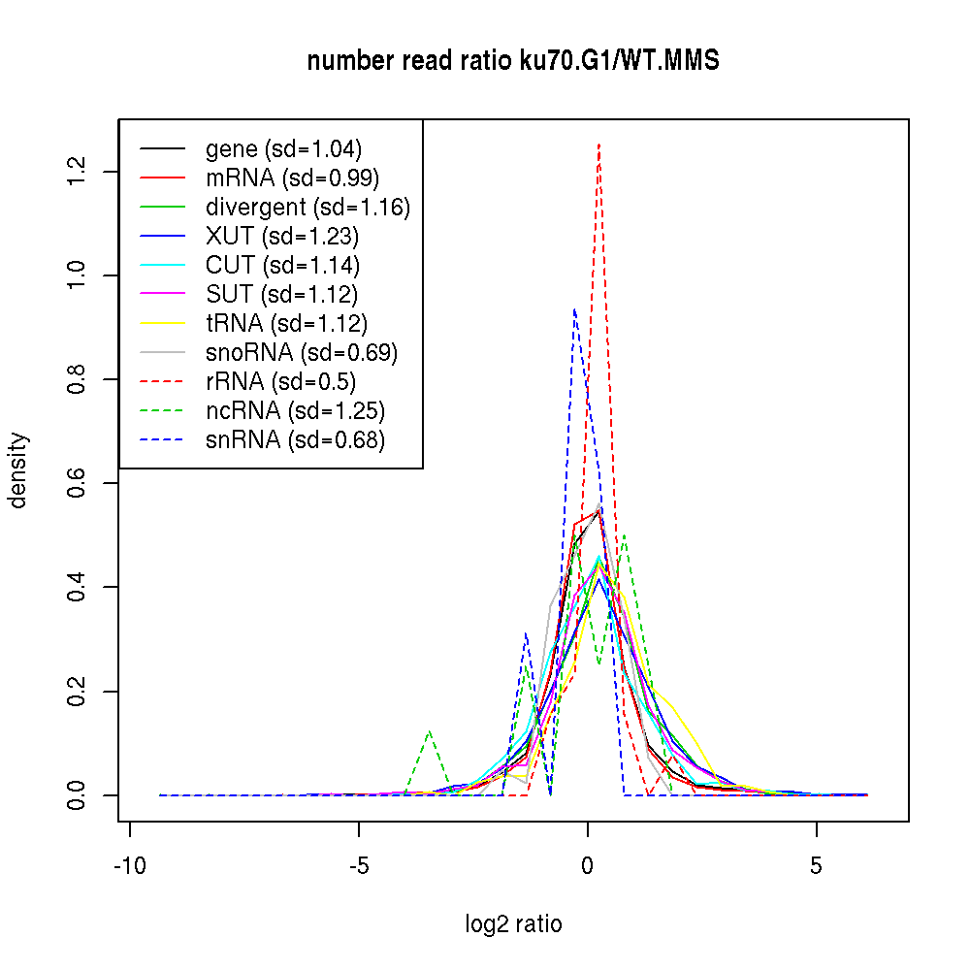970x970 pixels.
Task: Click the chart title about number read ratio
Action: [x=513, y=61]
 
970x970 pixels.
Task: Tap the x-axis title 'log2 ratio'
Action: [x=513, y=924]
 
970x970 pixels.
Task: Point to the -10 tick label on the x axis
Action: [x=129, y=866]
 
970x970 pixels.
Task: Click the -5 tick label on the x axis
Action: [x=359, y=866]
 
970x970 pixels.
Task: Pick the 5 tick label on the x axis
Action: [x=816, y=866]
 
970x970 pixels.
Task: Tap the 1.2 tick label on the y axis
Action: [x=79, y=172]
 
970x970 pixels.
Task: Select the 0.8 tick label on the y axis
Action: [x=79, y=379]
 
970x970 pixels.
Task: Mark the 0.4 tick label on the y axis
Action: [x=79, y=587]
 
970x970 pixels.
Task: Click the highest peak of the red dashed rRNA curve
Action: [x=599, y=145]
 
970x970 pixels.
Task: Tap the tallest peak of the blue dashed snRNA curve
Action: [x=575, y=309]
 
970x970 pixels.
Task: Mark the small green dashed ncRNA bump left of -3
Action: [x=429, y=731]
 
